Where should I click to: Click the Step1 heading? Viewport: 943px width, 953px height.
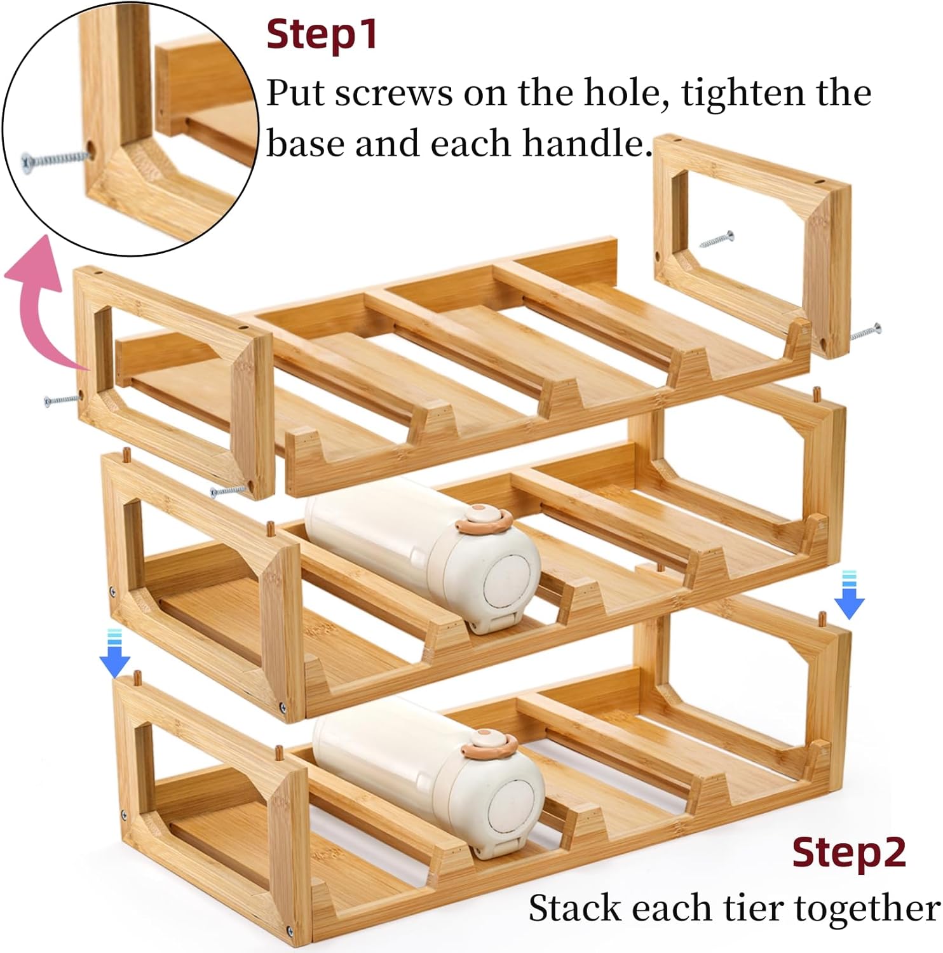click(x=322, y=35)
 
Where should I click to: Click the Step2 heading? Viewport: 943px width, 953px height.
click(x=849, y=853)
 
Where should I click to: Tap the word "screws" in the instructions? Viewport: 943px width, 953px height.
click(x=394, y=93)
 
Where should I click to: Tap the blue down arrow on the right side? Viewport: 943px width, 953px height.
click(x=849, y=595)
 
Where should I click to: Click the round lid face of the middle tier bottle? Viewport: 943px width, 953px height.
click(x=508, y=585)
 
